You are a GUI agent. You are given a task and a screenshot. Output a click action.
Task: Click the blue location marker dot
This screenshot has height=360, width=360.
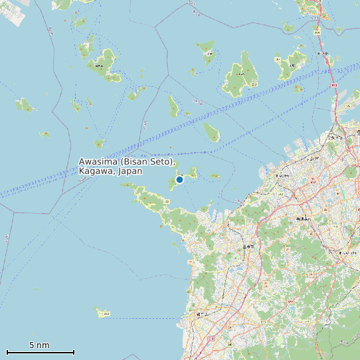pos(179,179)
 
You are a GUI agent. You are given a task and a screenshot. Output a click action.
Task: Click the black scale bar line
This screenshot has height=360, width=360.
pos(40,352)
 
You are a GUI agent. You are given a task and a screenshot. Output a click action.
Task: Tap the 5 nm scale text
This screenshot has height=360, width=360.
pos(39,345)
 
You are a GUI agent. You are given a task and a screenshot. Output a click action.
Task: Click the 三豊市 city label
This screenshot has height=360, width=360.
pos(248,246)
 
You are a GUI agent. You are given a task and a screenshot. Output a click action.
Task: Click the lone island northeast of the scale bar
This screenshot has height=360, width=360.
pos(103,312)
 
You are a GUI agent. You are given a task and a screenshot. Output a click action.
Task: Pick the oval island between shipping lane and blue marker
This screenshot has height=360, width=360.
pos(212,132)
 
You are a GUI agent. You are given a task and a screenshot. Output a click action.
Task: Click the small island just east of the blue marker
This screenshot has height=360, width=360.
pos(215,176)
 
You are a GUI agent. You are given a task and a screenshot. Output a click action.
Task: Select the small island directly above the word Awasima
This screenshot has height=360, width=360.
pos(100,143)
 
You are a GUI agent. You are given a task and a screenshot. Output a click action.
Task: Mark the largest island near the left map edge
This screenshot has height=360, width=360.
pos(25,104)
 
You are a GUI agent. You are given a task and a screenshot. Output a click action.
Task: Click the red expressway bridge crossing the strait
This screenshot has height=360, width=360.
pos(327,60)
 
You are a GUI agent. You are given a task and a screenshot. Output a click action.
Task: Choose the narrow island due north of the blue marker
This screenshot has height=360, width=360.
pos(173,106)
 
